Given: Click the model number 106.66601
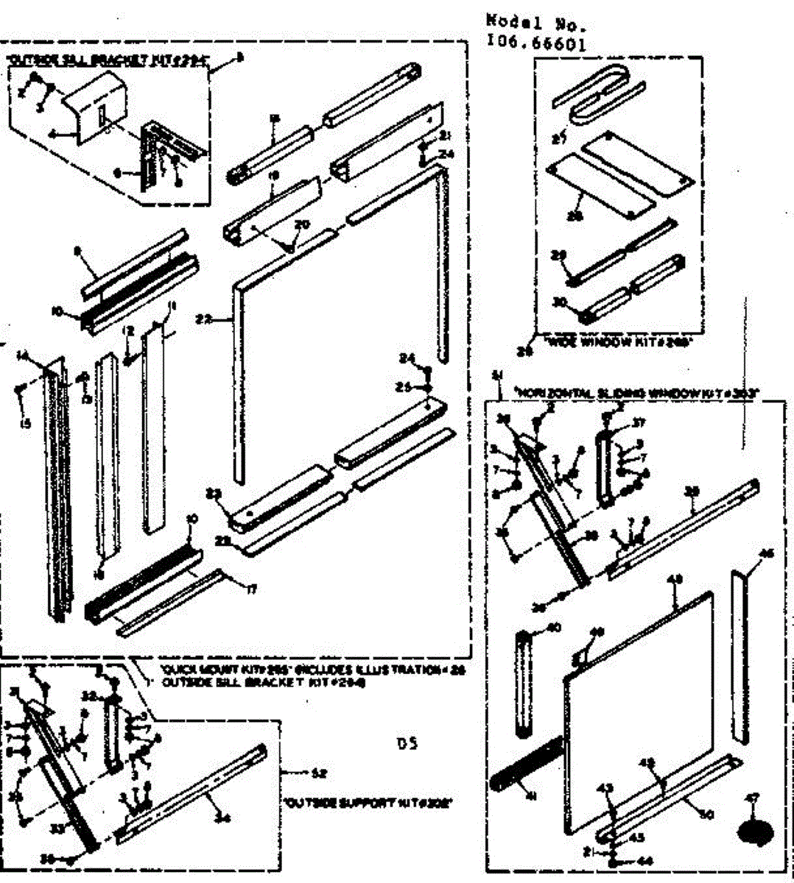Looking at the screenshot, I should pos(536,43).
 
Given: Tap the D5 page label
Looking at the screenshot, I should pos(407,743).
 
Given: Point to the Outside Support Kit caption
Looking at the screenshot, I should pos(368,803).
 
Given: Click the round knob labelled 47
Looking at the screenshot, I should pos(756,831).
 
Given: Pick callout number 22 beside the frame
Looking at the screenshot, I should pos(204,319).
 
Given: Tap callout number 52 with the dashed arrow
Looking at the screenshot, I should pos(319,773).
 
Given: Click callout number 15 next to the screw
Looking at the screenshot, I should pos(27,424).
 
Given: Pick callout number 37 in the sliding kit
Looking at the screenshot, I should pos(638,422).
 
